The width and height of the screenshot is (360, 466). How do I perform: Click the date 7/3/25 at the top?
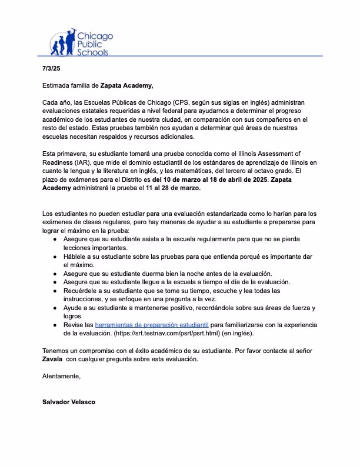(52, 68)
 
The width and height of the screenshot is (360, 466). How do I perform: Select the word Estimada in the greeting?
(58, 85)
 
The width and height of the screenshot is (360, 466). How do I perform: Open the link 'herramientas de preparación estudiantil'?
(152, 325)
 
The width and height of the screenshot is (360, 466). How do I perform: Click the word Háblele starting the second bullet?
(76, 257)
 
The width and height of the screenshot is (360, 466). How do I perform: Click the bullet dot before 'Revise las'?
(55, 325)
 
